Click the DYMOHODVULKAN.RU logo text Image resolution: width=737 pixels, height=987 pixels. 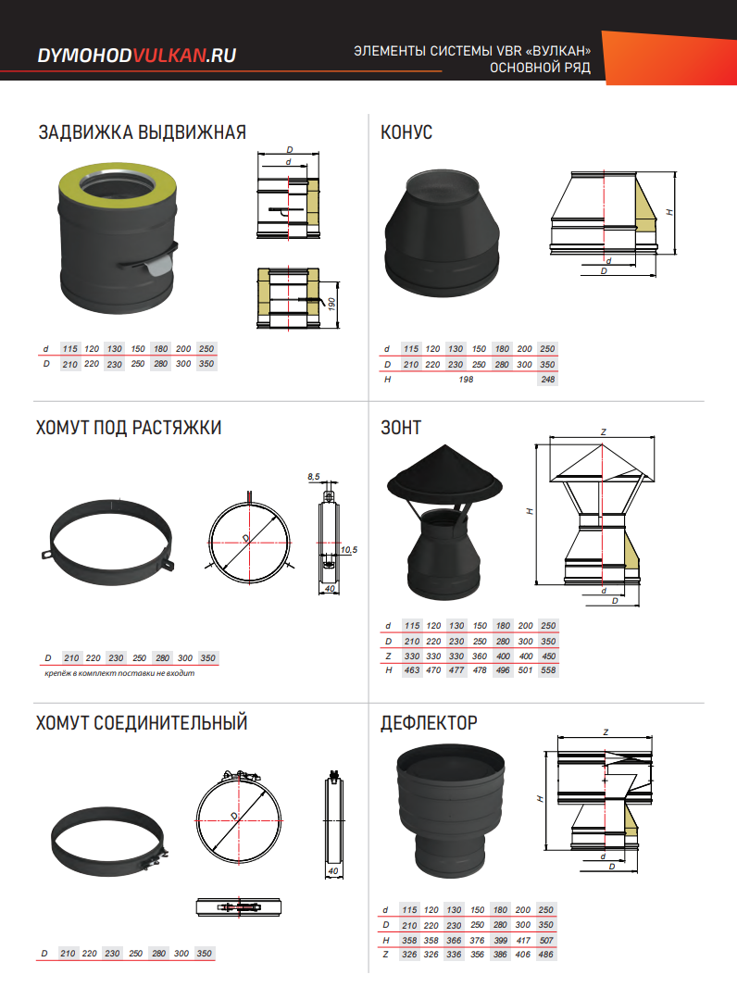pos(137,56)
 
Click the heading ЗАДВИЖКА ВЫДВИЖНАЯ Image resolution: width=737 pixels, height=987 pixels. pos(143,132)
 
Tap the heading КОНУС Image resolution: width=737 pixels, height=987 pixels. pos(406,132)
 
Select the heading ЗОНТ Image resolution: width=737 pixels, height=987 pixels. pos(401,428)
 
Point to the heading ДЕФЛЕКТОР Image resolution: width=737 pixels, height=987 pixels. pos(429,722)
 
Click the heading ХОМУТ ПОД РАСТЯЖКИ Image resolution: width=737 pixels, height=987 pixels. pos(129,428)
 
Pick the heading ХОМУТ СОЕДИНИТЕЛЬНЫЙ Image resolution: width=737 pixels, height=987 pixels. pos(142,722)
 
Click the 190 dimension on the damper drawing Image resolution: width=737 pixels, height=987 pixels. pos(331,305)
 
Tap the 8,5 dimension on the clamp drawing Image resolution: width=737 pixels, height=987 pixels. pos(314,477)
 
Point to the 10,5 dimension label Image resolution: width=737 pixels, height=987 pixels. pos(349,550)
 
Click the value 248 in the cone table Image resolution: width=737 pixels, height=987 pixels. pos(547,380)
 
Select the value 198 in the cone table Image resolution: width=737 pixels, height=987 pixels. pos(466,380)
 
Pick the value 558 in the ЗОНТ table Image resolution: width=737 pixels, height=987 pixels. pos(548,670)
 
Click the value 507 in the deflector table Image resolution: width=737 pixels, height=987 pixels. pos(545,941)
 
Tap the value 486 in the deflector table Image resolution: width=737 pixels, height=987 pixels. pos(545,955)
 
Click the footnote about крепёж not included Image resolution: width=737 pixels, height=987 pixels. pos(119,673)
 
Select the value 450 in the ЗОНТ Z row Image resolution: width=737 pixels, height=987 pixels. pos(548,656)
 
